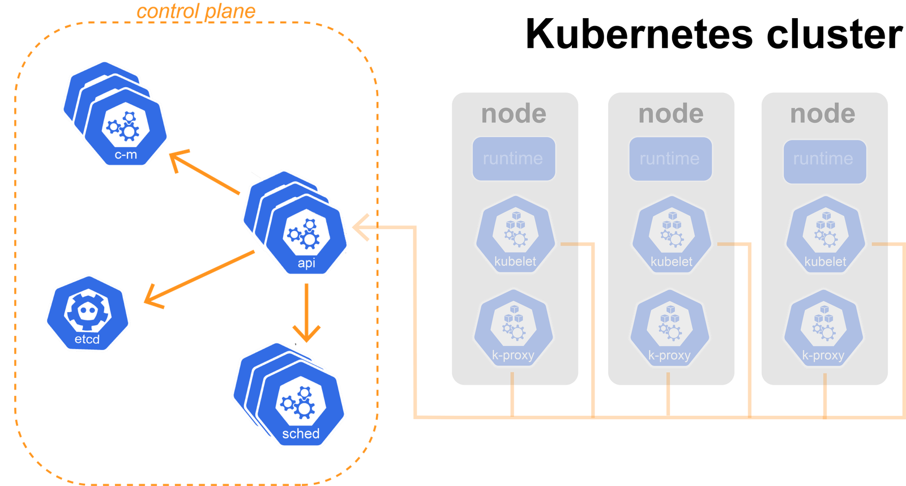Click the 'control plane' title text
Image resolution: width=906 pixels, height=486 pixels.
196,11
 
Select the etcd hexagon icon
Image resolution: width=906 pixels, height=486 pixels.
87,313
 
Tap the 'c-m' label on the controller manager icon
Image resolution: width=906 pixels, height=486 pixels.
126,155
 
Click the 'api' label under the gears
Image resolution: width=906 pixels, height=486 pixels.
306,263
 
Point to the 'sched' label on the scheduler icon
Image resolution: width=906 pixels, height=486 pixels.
301,434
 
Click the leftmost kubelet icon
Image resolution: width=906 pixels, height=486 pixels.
515,235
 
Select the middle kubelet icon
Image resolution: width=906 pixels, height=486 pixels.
672,235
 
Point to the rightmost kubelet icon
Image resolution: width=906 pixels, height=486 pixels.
825,235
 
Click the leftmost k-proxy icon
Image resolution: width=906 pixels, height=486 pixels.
513,328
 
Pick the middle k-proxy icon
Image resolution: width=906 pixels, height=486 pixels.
669,328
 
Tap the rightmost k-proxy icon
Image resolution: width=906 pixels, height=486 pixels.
823,328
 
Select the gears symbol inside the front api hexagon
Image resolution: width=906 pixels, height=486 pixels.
304,233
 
